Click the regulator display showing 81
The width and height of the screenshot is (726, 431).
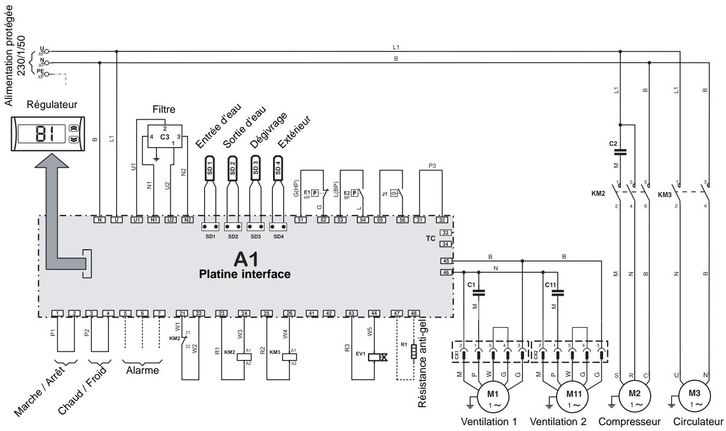click(42, 132)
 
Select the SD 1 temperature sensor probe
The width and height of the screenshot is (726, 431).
click(210, 168)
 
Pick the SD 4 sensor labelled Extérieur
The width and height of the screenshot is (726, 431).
click(277, 168)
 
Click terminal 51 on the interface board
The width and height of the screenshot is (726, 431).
click(301, 220)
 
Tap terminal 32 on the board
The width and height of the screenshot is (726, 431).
click(442, 220)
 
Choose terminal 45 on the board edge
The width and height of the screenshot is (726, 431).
click(446, 261)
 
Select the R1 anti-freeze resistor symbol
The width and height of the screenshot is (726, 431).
click(413, 352)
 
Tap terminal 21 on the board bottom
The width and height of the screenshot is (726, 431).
click(183, 313)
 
